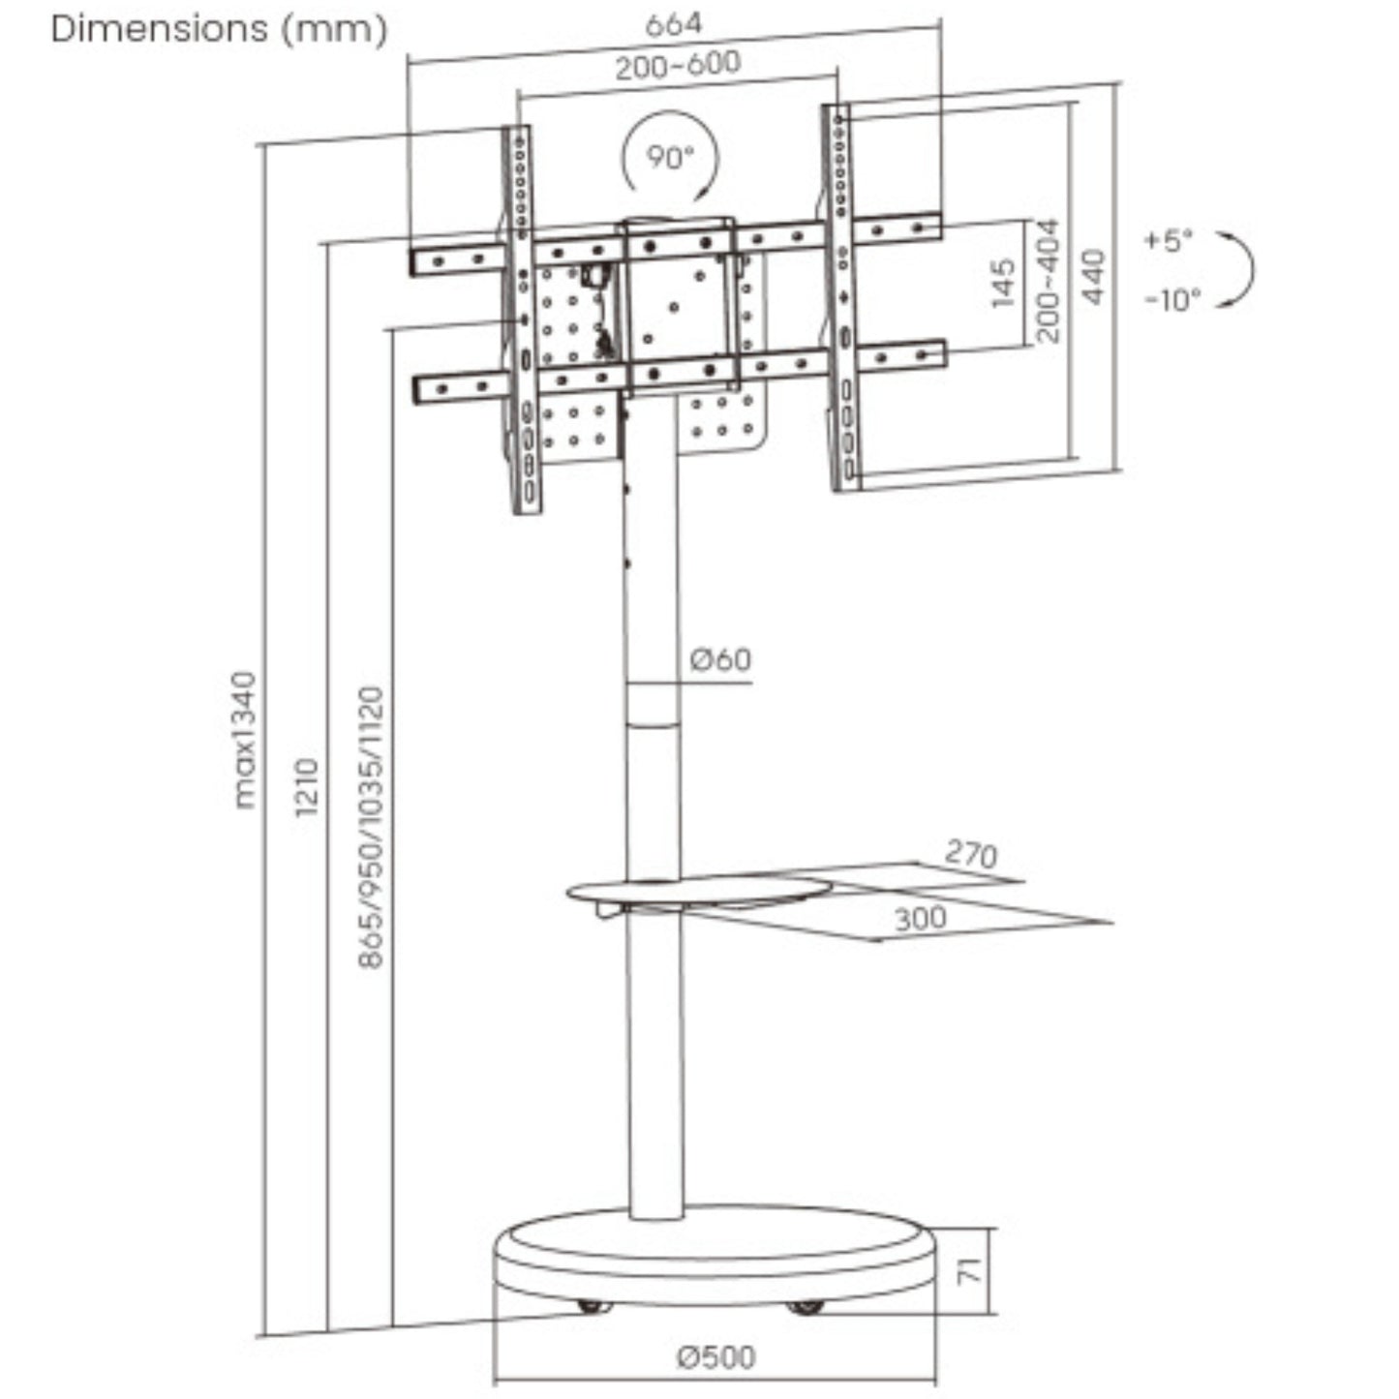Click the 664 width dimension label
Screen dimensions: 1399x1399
(x=672, y=24)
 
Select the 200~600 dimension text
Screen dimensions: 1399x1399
(x=677, y=66)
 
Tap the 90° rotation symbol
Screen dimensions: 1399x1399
(x=670, y=158)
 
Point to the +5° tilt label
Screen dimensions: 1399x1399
(x=1169, y=240)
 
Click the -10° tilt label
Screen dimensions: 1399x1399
(x=1171, y=300)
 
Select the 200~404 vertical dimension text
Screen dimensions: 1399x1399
(x=1048, y=281)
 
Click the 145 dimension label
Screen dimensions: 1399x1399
(x=1003, y=282)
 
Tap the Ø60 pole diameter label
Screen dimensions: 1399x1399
(x=720, y=660)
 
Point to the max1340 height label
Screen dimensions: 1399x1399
(x=246, y=740)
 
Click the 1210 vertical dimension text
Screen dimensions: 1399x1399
(x=306, y=787)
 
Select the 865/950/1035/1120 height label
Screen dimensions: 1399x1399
(x=371, y=828)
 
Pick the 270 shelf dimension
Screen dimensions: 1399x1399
(x=970, y=854)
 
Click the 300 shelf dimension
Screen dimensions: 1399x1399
(x=920, y=918)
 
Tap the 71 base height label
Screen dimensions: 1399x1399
(x=969, y=1270)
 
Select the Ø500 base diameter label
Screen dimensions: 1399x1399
(x=716, y=1357)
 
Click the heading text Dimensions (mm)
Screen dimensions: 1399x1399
(x=219, y=29)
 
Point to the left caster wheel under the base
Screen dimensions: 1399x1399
(x=593, y=1306)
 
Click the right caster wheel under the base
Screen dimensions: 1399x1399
(x=806, y=1307)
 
